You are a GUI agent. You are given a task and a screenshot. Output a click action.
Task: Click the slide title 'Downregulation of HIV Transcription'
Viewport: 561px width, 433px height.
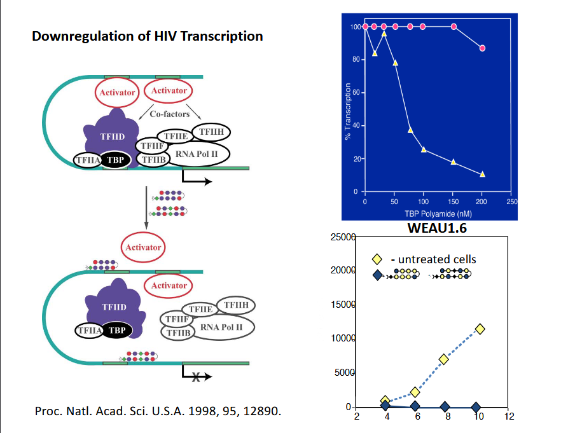pyautogui.click(x=148, y=36)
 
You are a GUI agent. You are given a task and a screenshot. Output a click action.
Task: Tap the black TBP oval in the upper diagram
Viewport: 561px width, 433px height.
pyautogui.click(x=116, y=160)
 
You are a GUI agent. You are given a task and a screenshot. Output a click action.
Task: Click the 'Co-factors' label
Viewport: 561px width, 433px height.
pyautogui.click(x=169, y=115)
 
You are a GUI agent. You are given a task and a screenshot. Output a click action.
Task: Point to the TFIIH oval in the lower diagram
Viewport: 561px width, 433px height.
pyautogui.click(x=236, y=306)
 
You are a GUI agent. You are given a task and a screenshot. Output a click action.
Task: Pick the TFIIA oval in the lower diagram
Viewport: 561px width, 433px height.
pyautogui.click(x=87, y=330)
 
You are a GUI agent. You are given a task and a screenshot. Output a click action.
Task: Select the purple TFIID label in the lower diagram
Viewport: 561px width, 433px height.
pyautogui.click(x=114, y=307)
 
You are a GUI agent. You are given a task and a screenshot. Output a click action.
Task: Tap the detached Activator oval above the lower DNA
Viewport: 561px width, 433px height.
pyautogui.click(x=143, y=247)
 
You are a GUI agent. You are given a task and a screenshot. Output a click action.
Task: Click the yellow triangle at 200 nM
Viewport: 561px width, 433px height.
pyautogui.click(x=483, y=174)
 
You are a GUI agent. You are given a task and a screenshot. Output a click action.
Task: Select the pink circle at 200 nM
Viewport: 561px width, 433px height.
pyautogui.click(x=483, y=48)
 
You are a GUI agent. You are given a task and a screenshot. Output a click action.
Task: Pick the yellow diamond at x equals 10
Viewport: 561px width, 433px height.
pyautogui.click(x=480, y=329)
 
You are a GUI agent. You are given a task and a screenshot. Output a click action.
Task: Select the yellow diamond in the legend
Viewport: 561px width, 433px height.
pyautogui.click(x=377, y=259)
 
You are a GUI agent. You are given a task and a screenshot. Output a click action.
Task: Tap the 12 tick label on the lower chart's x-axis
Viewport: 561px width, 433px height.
pyautogui.click(x=509, y=417)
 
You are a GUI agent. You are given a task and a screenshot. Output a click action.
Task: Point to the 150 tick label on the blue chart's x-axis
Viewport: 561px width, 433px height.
pyautogui.click(x=453, y=202)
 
